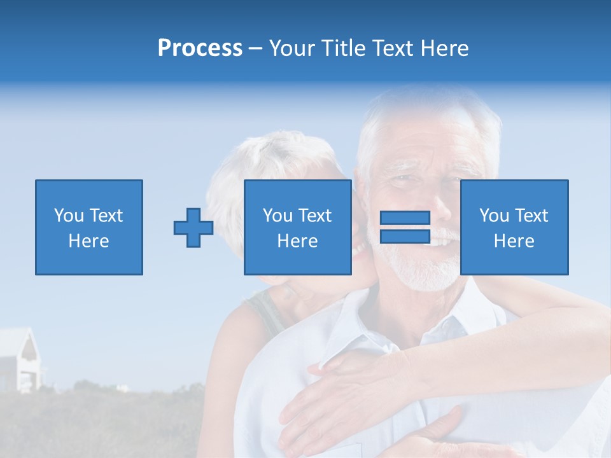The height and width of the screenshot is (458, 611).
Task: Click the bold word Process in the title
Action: click(200, 48)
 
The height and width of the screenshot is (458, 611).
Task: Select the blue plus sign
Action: click(193, 228)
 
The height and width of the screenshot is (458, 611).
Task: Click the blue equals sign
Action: click(405, 227)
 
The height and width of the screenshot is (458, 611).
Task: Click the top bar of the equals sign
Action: click(405, 218)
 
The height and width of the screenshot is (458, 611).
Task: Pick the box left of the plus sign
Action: click(88, 227)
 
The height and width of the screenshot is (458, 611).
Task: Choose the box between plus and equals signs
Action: click(297, 227)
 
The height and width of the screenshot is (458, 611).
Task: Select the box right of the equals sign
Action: click(514, 227)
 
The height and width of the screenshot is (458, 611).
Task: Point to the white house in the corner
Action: click(19, 359)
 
